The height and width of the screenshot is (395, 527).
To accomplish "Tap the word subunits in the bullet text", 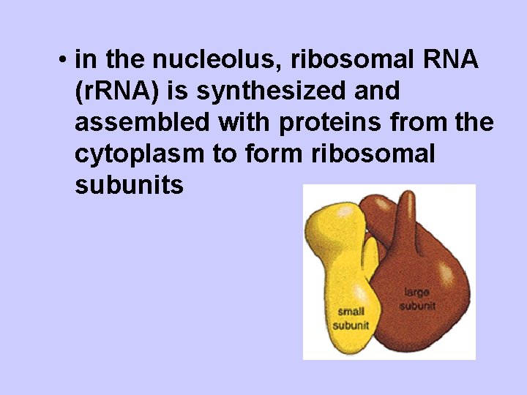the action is (x=129, y=186).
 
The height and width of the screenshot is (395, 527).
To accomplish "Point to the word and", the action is (x=377, y=91).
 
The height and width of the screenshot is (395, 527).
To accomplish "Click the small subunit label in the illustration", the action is (x=351, y=317).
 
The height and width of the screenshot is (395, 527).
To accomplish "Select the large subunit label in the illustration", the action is (x=417, y=298).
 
